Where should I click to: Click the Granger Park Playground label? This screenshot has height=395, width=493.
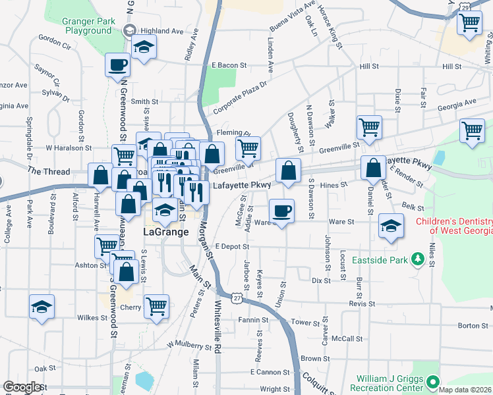pos(87,26)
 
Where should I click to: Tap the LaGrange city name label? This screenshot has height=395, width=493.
pos(166,232)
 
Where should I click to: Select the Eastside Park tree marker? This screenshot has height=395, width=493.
pos(417,260)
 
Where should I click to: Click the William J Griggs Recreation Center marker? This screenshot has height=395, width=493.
pos(432,382)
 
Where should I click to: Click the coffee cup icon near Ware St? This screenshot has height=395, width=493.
pos(281,211)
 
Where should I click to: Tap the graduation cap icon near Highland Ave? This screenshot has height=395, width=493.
pos(143,47)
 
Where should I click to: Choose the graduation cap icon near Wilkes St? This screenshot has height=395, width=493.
pos(42,307)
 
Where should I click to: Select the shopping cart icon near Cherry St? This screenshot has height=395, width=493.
pos(156,305)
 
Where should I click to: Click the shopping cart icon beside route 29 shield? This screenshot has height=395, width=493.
pos(469,23)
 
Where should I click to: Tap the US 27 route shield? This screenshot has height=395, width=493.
pos(237,298)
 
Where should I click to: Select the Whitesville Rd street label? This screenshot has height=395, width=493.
pos(219,327)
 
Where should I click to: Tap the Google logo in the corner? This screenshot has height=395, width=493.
pos(22,387)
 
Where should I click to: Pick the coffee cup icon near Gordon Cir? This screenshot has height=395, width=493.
pos(118,65)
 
